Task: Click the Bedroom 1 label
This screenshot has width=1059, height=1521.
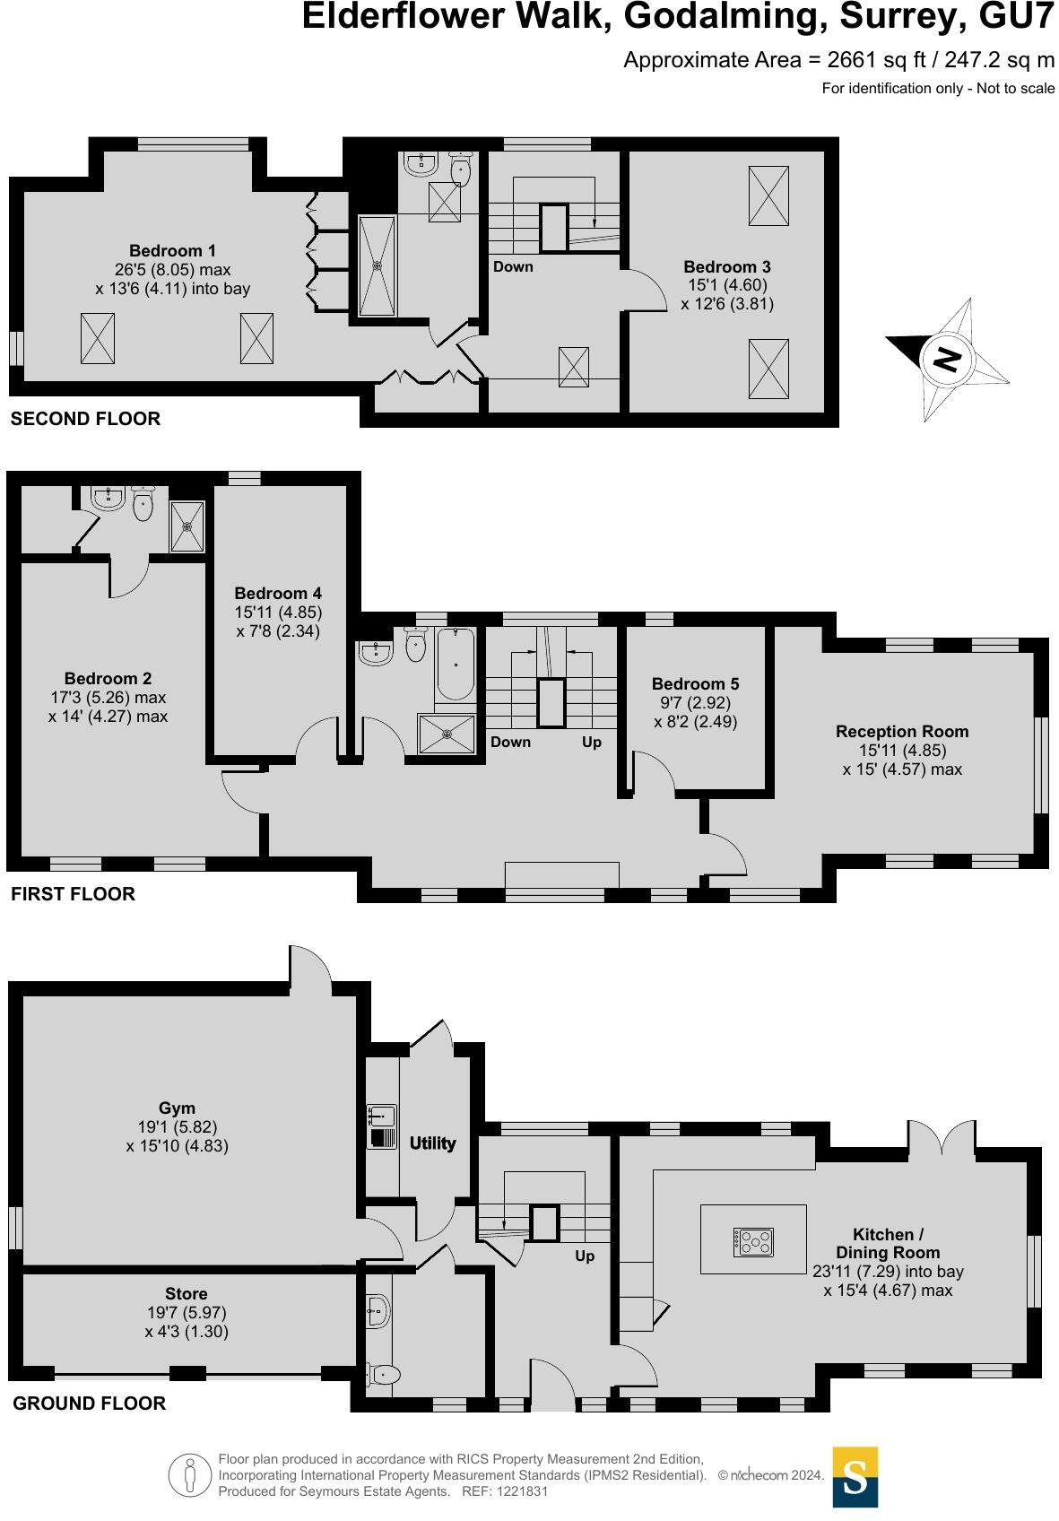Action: (172, 251)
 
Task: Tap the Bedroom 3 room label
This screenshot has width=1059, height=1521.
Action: (726, 267)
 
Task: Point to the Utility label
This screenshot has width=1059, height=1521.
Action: (432, 1143)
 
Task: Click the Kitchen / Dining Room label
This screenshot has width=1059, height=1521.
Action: (888, 1244)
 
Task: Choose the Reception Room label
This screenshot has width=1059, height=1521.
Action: (902, 732)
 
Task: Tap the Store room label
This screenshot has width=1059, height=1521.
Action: (187, 1294)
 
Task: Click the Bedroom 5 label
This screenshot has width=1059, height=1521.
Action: (696, 684)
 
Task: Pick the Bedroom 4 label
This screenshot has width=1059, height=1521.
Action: (278, 594)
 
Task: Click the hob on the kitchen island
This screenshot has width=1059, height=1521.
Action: (753, 1242)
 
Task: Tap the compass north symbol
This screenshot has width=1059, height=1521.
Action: (947, 360)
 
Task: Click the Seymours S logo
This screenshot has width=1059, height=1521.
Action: (855, 1476)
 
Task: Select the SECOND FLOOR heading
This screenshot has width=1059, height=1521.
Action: (85, 419)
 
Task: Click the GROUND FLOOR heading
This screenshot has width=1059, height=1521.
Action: (89, 1404)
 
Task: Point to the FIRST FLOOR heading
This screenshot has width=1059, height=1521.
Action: (73, 894)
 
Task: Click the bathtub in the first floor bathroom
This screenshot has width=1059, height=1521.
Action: (456, 665)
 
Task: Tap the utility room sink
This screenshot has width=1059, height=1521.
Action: (382, 1117)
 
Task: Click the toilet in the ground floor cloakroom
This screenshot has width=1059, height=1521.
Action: (386, 1374)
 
